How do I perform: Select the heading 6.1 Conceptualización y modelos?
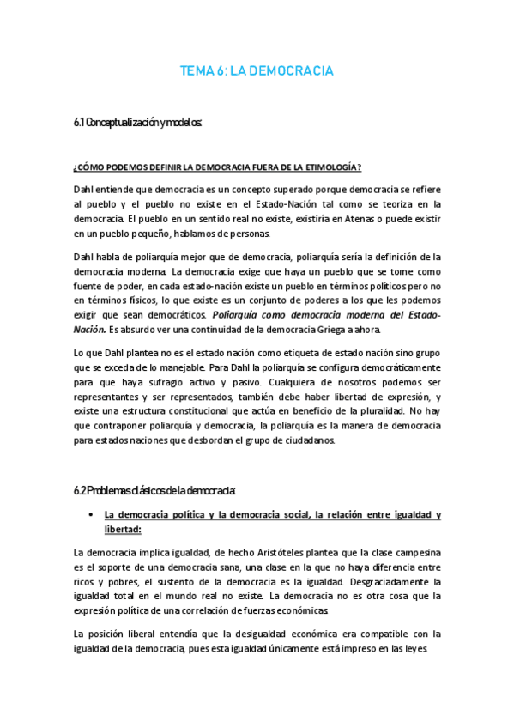pos(137,122)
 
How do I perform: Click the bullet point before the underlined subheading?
pos(91,515)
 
